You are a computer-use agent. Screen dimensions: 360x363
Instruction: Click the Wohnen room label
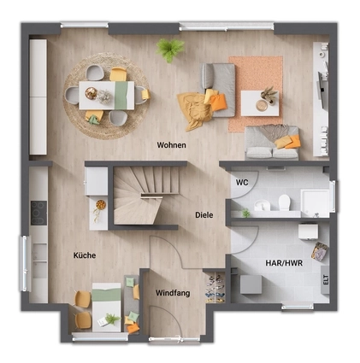(x=172, y=145)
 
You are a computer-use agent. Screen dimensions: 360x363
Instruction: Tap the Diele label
(x=204, y=215)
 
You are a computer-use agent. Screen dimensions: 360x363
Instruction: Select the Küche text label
(x=85, y=255)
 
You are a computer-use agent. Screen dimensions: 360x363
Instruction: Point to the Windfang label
(x=173, y=293)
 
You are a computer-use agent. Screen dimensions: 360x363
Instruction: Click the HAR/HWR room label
(x=284, y=263)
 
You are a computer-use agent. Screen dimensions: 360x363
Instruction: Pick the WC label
(x=242, y=182)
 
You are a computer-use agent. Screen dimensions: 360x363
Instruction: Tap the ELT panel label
(x=326, y=279)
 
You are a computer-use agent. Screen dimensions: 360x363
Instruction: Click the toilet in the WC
(x=284, y=202)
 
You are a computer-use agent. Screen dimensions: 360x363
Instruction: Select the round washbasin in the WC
(x=263, y=205)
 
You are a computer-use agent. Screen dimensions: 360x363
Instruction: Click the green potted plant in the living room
(x=170, y=49)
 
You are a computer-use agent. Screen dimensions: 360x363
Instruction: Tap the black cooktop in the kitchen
(x=38, y=213)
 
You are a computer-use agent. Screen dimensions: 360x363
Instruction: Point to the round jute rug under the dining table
(x=106, y=96)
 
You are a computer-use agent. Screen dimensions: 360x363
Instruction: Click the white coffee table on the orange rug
(x=260, y=103)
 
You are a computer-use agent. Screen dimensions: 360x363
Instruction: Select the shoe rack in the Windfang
(x=215, y=288)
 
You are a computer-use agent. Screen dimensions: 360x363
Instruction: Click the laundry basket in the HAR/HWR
(x=320, y=251)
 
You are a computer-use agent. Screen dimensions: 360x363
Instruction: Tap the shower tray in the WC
(x=315, y=203)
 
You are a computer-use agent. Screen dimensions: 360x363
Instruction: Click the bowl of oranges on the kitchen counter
(x=101, y=205)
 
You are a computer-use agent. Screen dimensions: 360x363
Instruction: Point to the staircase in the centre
(x=146, y=195)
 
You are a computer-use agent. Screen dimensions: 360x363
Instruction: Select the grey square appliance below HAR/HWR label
(x=251, y=284)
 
